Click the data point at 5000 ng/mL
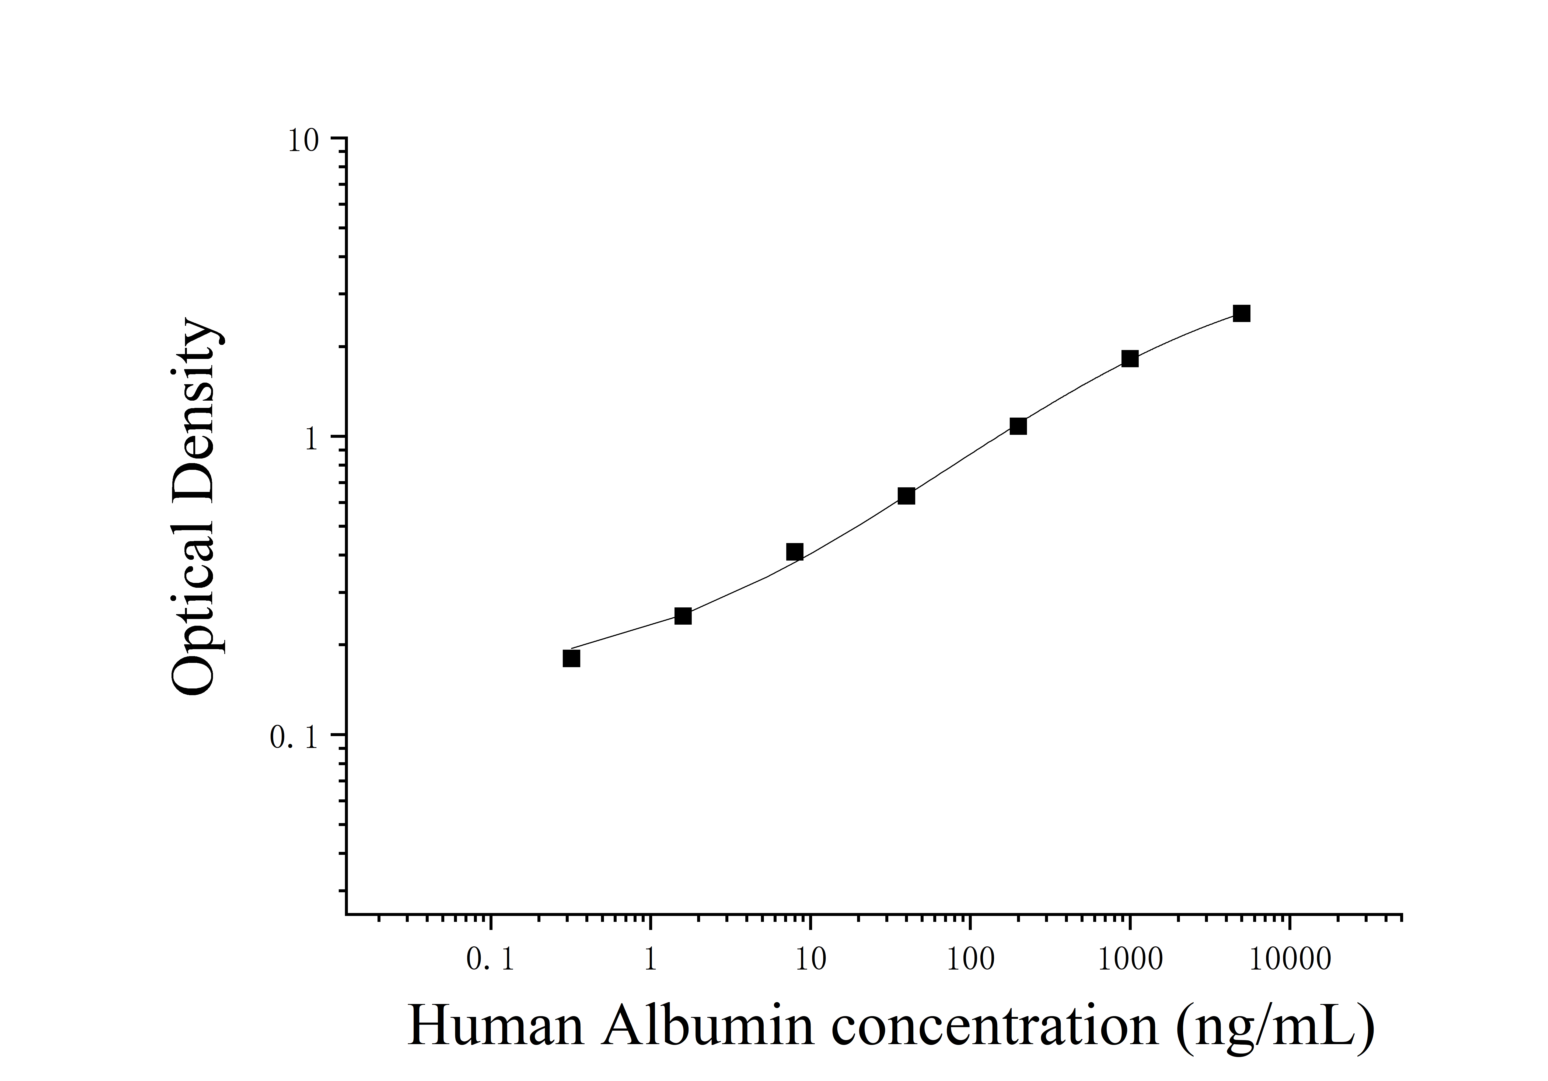[x=1241, y=314]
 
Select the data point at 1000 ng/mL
[x=1130, y=359]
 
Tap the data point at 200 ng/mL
[x=1018, y=426]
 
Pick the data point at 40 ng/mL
[x=907, y=496]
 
